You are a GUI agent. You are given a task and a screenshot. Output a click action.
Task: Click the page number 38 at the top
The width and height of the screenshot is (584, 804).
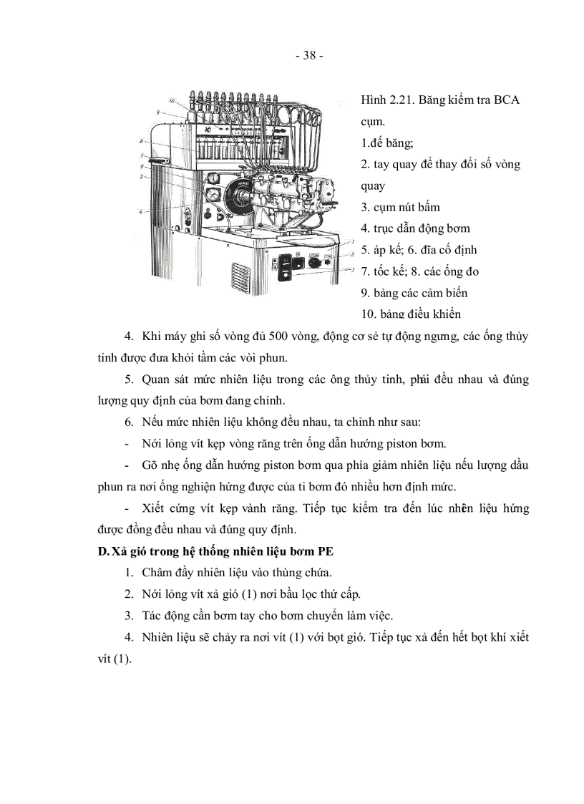coord(309,56)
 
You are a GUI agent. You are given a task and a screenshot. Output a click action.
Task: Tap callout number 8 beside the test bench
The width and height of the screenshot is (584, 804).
coord(142,141)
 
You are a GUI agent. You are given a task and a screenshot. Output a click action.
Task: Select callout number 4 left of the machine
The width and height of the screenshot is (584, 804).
coord(141,211)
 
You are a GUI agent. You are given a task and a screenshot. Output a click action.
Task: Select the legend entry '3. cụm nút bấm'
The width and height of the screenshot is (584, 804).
coord(400,207)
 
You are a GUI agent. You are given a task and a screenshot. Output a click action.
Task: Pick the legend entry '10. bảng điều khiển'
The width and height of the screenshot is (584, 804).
coord(411,314)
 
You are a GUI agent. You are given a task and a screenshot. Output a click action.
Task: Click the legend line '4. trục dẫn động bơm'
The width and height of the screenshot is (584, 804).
coord(415,228)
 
